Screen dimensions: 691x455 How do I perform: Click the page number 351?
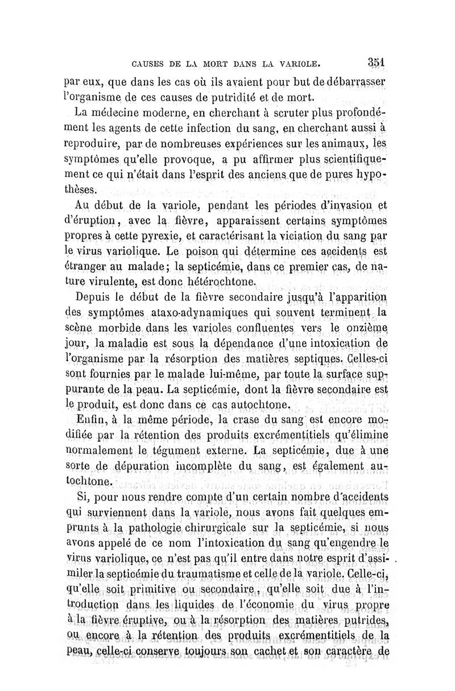(377, 60)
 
